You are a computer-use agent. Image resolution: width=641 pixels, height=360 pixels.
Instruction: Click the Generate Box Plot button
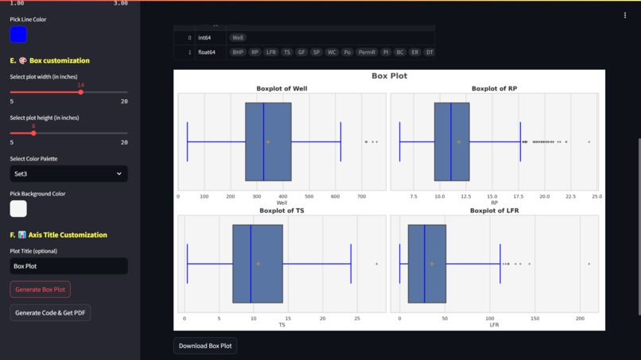(40, 289)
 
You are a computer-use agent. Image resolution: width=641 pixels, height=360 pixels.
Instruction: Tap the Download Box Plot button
(205, 346)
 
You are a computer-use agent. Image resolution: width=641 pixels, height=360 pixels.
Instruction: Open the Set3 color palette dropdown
(68, 173)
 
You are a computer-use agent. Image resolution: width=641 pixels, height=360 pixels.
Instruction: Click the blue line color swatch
(18, 34)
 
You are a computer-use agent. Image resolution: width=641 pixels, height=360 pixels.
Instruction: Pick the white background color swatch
(18, 208)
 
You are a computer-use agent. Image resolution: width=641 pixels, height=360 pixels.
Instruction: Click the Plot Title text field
(68, 266)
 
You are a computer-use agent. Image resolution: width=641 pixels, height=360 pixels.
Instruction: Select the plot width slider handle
(80, 92)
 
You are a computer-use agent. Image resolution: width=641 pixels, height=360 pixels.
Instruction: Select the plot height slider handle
(33, 133)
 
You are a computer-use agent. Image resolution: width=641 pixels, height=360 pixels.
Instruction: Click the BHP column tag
(237, 52)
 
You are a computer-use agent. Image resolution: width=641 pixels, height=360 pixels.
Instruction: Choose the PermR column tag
(367, 52)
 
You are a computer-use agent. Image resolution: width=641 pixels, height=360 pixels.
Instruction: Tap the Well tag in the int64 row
(238, 37)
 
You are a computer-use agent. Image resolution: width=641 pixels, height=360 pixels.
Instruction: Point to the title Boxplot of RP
(494, 88)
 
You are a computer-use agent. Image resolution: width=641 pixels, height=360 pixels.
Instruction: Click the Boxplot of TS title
(282, 211)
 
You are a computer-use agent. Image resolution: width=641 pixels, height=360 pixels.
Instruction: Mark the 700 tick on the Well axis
(362, 196)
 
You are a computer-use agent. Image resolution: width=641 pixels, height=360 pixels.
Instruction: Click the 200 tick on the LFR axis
(580, 318)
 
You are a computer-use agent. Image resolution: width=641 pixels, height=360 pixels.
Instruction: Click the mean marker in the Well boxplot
(268, 142)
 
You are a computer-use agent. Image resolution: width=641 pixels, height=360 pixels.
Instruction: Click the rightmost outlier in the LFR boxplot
(589, 264)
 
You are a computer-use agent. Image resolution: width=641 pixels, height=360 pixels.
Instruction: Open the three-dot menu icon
(625, 15)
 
